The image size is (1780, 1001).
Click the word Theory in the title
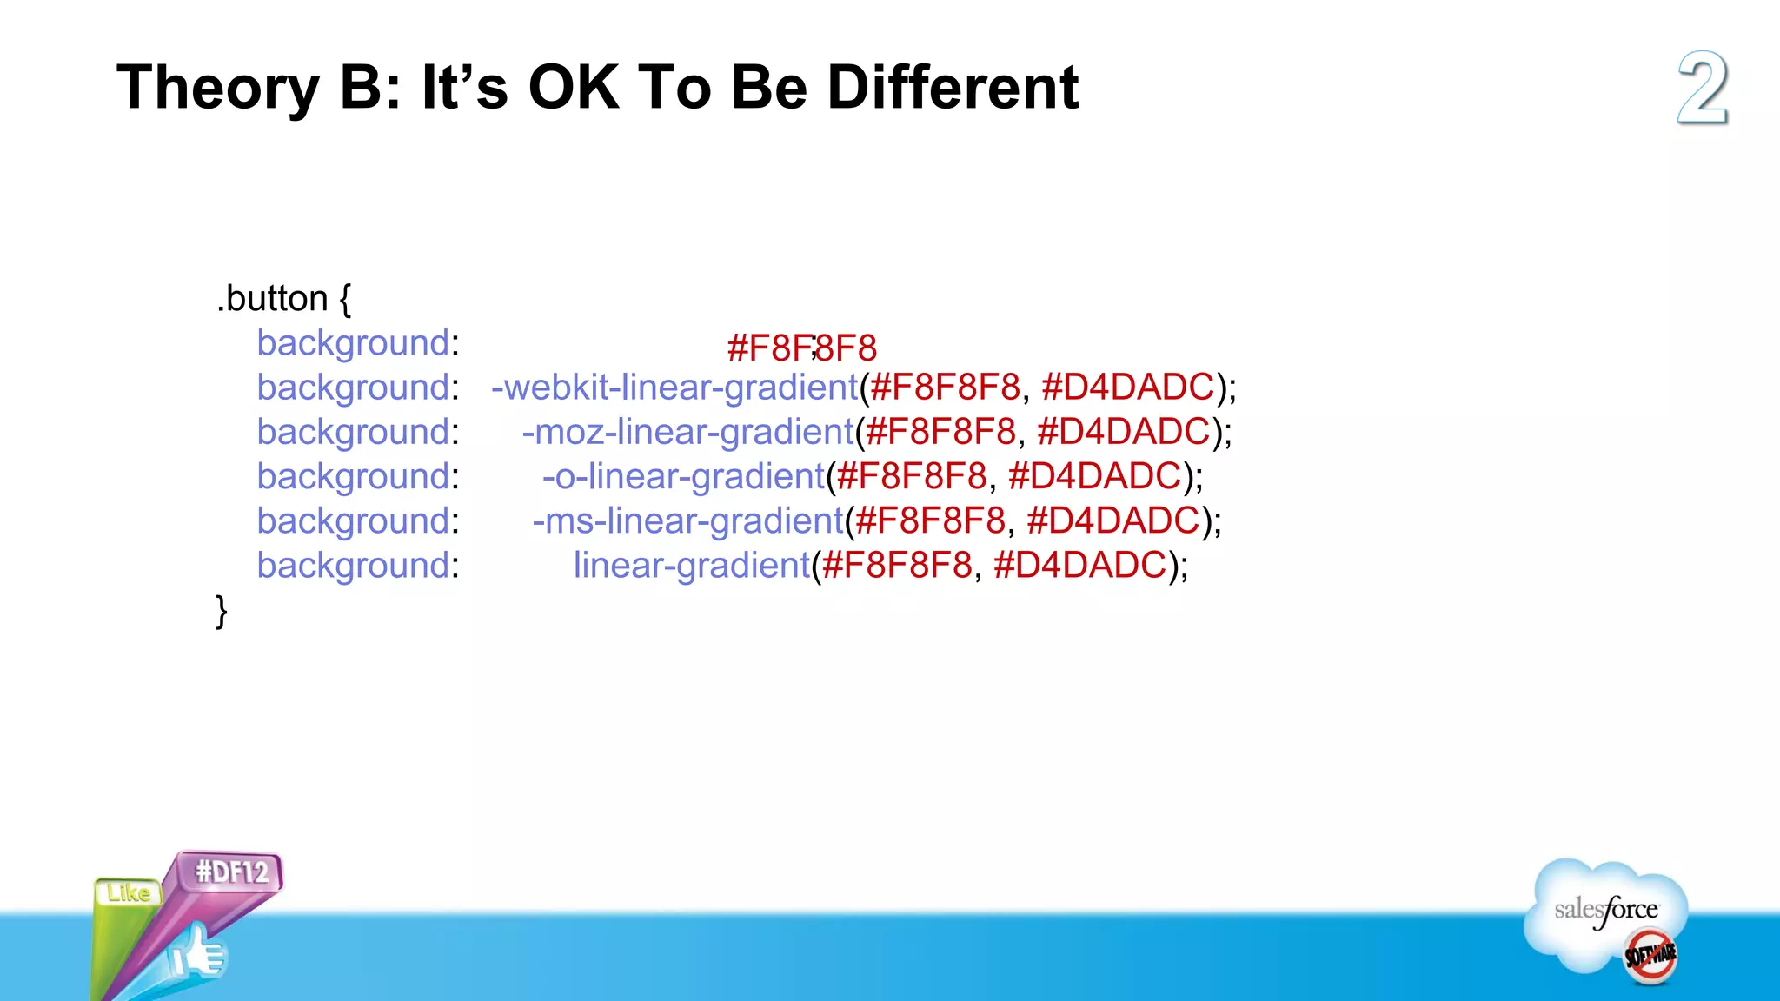[x=218, y=88]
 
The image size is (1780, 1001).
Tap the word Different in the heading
[x=953, y=88]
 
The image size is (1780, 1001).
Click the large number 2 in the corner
[x=1702, y=88]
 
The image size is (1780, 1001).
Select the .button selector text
[x=272, y=299]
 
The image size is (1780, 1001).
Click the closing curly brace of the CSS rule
[x=222, y=611]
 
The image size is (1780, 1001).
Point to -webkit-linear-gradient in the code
[x=674, y=388]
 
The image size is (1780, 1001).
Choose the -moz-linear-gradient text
[x=687, y=432]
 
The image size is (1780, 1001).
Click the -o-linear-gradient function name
[x=683, y=476]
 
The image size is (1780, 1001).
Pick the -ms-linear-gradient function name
[x=687, y=520]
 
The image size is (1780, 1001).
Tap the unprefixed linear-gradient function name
[x=692, y=566]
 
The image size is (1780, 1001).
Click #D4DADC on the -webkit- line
[x=1127, y=388]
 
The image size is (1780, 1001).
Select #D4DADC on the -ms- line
[x=1112, y=520]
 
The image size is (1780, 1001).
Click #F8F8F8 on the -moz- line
[x=940, y=432]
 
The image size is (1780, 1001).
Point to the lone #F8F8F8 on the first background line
[x=801, y=348]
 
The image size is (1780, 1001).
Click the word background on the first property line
[x=353, y=343]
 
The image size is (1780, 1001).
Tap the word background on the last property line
[x=353, y=566]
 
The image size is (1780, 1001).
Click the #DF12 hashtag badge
[x=232, y=872]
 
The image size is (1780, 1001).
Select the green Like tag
[x=128, y=892]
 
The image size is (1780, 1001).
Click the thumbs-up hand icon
[x=198, y=954]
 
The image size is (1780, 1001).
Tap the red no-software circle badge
[x=1650, y=956]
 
